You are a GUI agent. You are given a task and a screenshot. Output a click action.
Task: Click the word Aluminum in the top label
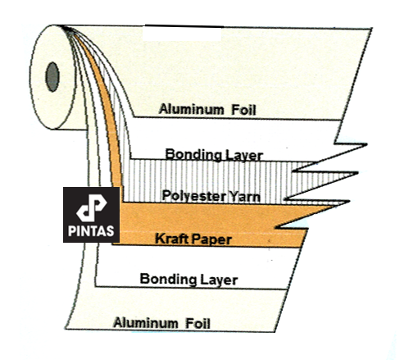point(191,109)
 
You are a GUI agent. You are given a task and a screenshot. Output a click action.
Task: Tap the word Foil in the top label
point(243,110)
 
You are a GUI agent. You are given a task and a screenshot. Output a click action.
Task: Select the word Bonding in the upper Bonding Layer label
point(193,155)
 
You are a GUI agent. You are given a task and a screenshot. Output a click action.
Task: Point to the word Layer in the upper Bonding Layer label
point(243,156)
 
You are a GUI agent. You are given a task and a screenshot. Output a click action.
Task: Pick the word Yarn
point(244,197)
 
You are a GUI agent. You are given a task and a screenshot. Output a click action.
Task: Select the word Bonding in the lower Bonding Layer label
point(168,279)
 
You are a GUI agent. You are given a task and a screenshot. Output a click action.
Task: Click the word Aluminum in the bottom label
point(146,323)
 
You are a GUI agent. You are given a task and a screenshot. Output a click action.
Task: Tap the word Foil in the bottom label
point(197,323)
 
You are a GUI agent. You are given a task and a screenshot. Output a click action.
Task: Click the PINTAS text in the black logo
point(91,231)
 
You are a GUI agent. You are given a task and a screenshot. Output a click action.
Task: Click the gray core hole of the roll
point(52,77)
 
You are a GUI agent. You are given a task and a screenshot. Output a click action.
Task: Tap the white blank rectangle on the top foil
point(182,34)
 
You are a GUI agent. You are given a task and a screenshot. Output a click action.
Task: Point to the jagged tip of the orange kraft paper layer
point(350,202)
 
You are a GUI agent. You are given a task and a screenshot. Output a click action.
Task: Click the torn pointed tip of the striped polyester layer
point(358,172)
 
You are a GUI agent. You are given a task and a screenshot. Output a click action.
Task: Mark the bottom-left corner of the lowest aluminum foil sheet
point(65,328)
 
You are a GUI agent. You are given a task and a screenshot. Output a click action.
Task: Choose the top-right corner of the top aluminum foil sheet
point(372,28)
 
